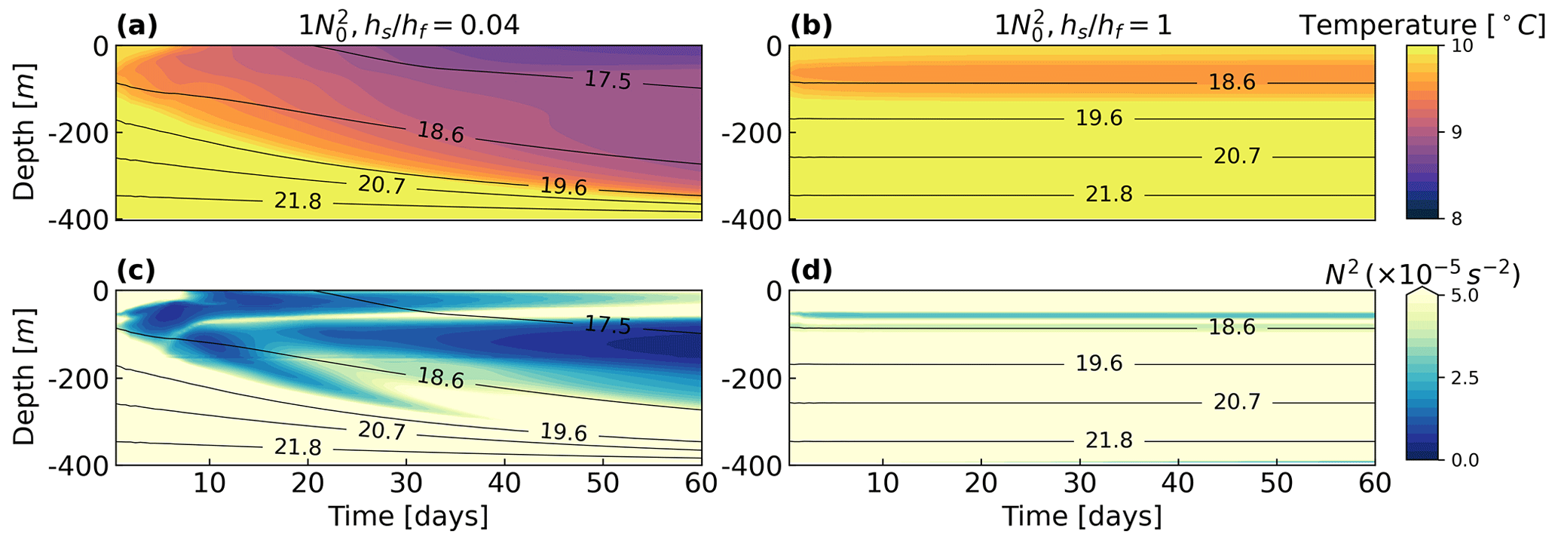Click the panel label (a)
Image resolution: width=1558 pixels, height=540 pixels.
coord(136,26)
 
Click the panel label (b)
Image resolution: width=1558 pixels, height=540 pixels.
coord(810,26)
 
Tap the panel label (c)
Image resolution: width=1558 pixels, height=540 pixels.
coord(136,271)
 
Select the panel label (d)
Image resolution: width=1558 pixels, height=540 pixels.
coord(810,271)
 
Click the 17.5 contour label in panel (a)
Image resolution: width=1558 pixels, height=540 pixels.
coord(608,80)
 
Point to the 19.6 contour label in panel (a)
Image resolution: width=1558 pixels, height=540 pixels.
coord(563,186)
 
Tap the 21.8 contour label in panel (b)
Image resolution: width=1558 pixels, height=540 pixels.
coord(1109,195)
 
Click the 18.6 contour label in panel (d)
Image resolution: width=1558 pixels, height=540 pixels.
coord(1232,327)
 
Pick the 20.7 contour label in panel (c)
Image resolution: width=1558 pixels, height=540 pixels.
coord(381,431)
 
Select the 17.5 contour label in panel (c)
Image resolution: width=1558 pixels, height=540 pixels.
coord(608,325)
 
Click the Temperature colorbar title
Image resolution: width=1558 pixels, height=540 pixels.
coord(1417,26)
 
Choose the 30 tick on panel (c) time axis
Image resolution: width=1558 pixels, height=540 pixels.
coord(406,483)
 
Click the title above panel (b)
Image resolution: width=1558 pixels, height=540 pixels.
coord(1082,26)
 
